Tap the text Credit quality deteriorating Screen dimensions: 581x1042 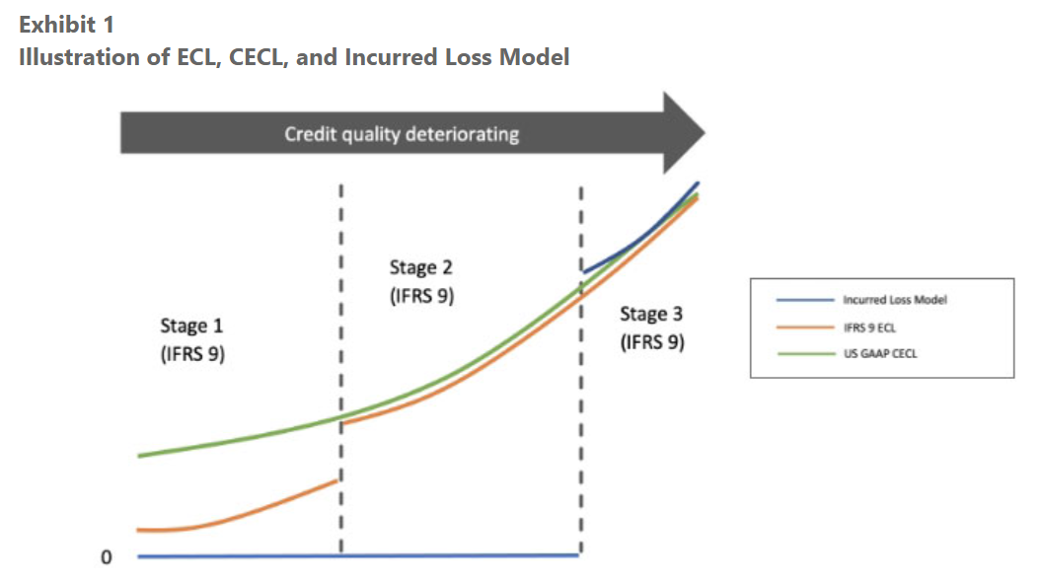pos(402,134)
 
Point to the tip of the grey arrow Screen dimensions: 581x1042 pos(703,132)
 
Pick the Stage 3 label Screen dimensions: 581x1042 pos(651,315)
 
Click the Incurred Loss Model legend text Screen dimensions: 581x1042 pos(895,300)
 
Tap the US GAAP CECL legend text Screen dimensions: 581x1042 pos(878,355)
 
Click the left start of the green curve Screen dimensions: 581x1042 pos(141,456)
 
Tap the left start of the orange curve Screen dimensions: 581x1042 pos(141,531)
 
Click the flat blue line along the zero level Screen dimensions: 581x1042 pos(355,556)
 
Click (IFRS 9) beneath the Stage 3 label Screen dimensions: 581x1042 pos(651,343)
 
